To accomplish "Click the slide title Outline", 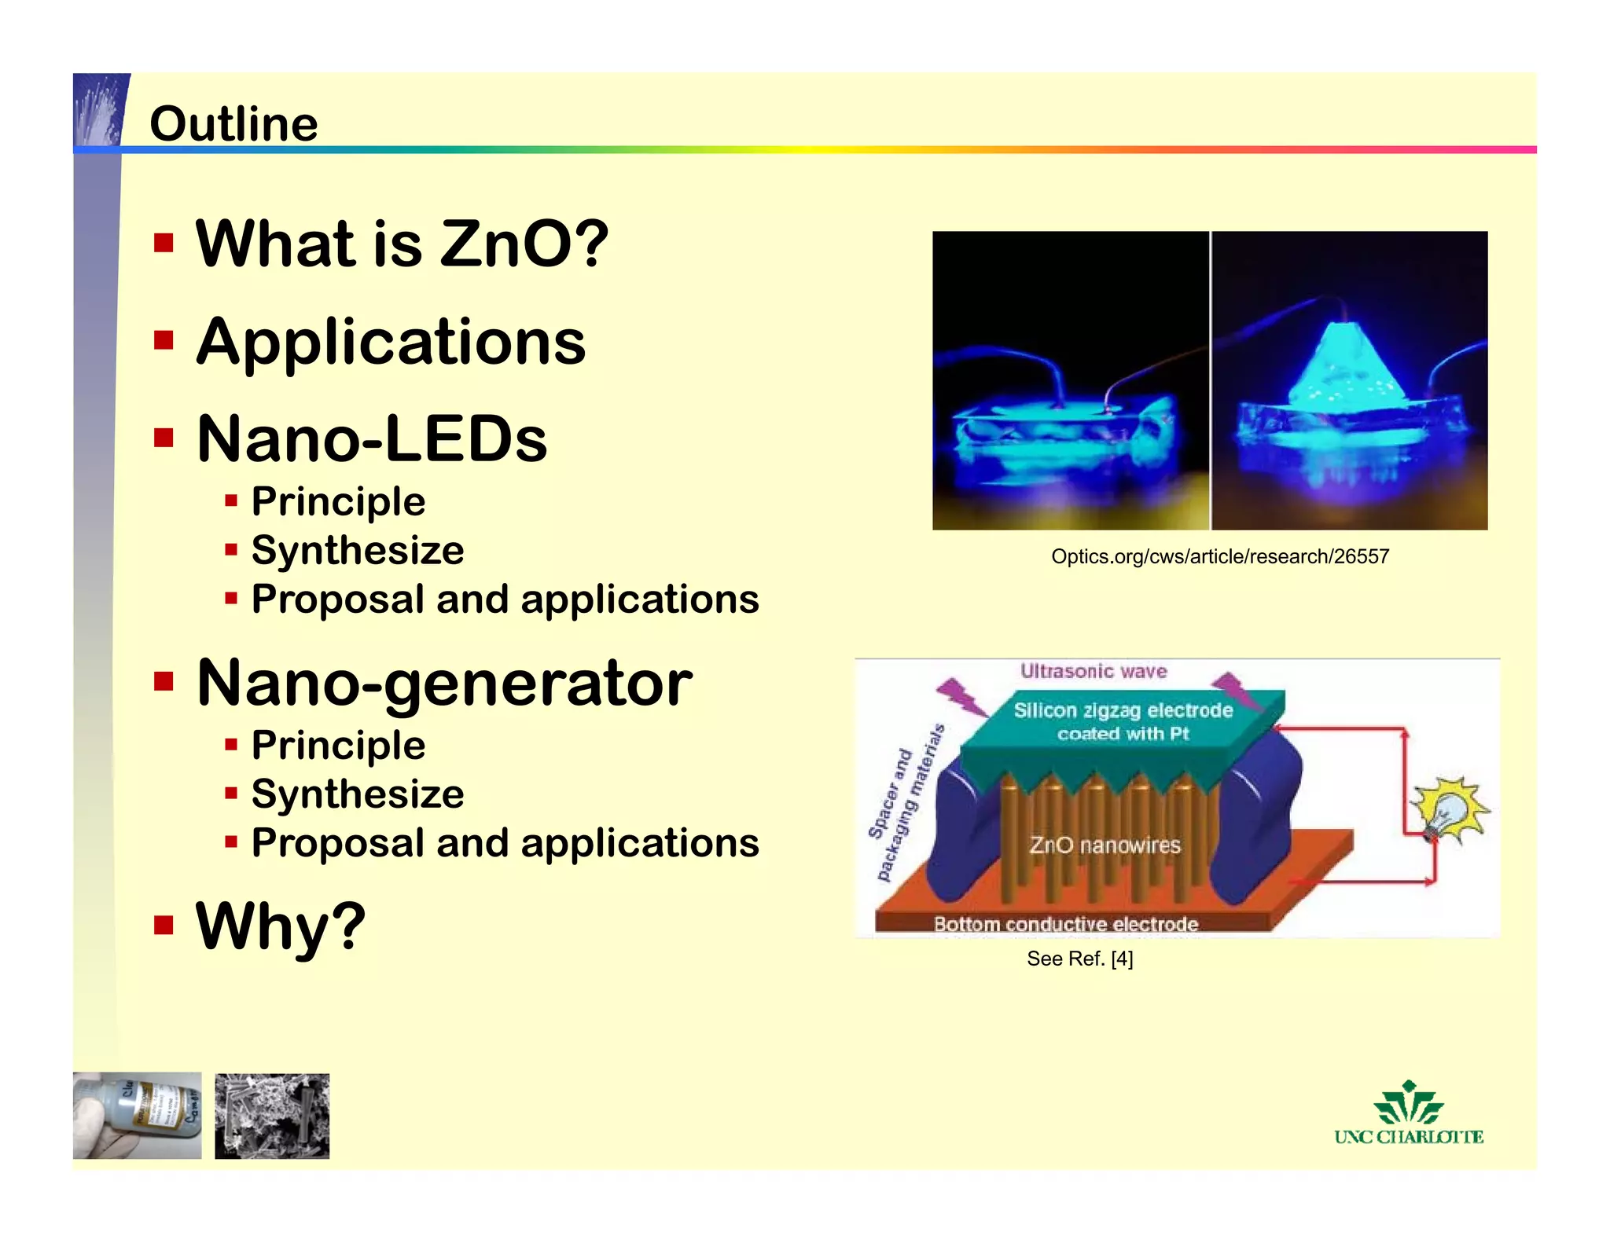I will tap(233, 124).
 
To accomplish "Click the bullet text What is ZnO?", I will tap(402, 244).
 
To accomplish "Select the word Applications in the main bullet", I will tap(391, 342).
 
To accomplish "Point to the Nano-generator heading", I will tap(444, 682).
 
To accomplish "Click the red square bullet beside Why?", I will tap(164, 925).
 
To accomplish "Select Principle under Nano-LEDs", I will tap(338, 501).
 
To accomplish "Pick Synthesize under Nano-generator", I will tap(358, 794).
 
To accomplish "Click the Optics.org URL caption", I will tap(1219, 556).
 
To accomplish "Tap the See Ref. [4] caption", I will tap(1079, 959).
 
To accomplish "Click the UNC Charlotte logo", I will tap(1408, 1114).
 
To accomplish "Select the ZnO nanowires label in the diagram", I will tap(1105, 845).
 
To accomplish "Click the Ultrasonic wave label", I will tap(1093, 671).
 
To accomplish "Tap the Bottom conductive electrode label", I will tap(1065, 923).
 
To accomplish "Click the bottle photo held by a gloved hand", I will tap(138, 1115).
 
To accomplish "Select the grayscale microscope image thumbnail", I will tap(272, 1116).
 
